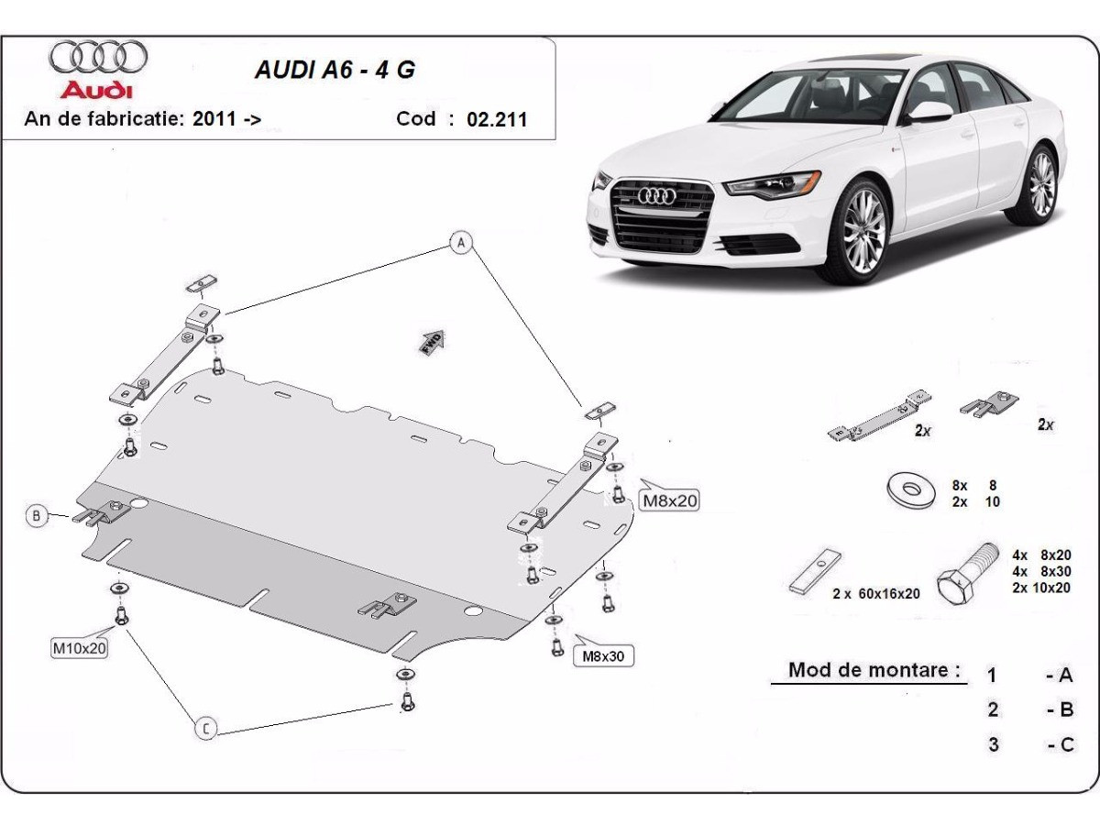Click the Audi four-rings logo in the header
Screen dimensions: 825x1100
click(98, 57)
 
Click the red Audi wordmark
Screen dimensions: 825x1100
click(96, 90)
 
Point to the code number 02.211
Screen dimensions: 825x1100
click(497, 119)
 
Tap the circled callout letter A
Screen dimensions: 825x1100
click(461, 242)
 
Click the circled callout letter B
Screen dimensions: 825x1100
click(37, 516)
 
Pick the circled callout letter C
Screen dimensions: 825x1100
click(206, 729)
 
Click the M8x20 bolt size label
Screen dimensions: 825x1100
click(669, 500)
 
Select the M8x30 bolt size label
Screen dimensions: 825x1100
click(603, 656)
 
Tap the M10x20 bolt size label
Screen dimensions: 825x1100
click(79, 648)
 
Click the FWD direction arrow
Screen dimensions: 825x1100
click(432, 341)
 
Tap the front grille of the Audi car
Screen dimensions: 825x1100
click(662, 216)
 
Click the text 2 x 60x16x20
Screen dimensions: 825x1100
click(875, 593)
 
